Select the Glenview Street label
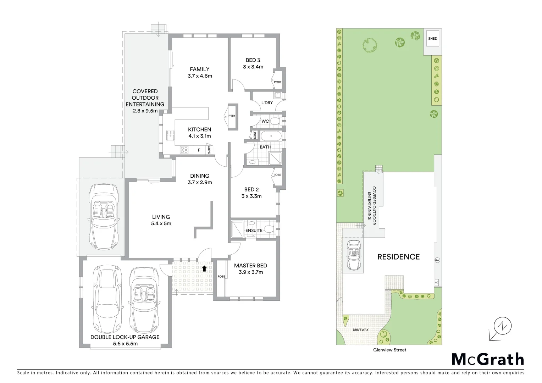point(389,350)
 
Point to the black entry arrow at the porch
point(204,268)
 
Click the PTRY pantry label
point(232,116)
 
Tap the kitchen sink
point(170,135)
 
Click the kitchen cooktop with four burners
point(184,150)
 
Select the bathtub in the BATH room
point(271,136)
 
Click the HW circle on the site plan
point(437,260)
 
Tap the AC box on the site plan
point(437,283)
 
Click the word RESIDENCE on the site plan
point(398,257)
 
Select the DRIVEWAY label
point(361,330)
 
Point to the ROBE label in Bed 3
point(277,82)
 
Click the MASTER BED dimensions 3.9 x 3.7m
point(250,272)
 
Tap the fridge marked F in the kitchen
point(199,150)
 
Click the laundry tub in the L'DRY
point(277,95)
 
